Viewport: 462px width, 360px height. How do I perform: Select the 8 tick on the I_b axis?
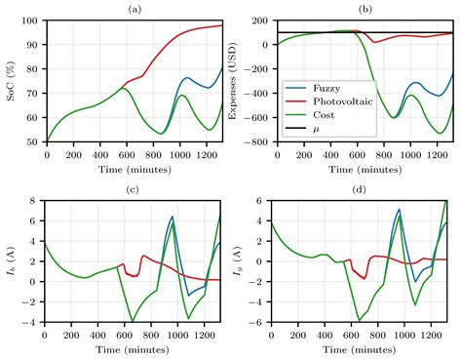pyautogui.click(x=34, y=201)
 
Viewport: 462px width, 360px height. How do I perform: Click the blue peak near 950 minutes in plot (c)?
pyautogui.click(x=172, y=218)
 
